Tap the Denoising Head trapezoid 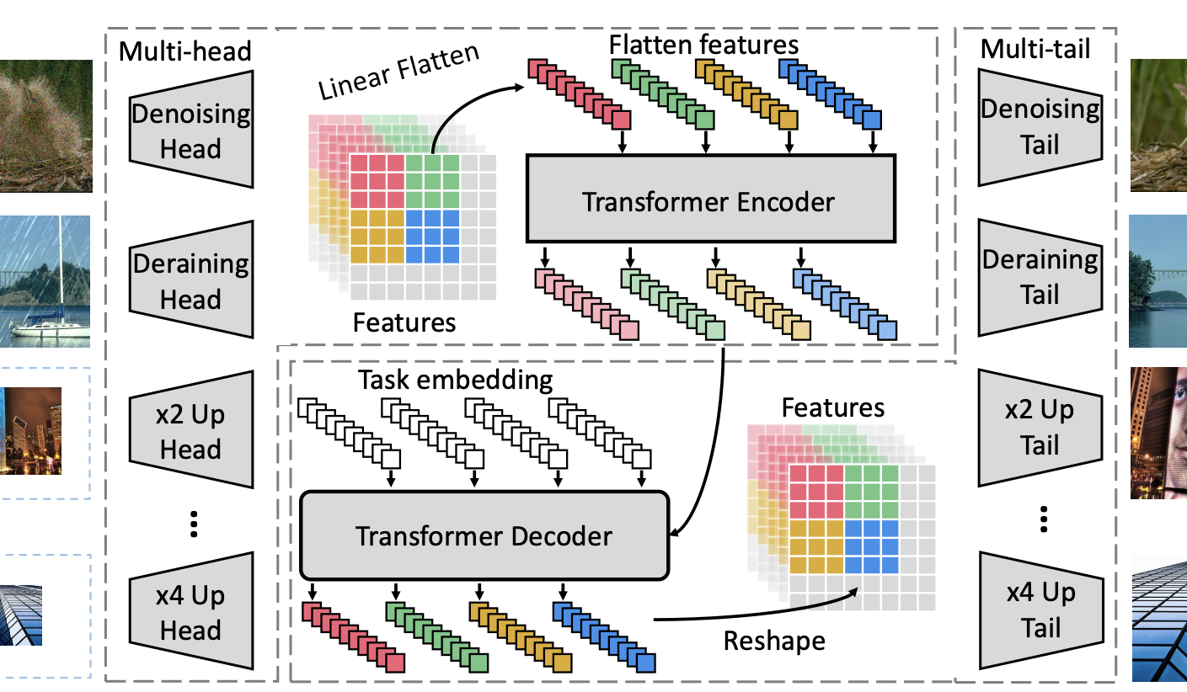[191, 130]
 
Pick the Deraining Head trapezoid [191, 281]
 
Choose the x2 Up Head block [191, 433]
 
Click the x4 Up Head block [191, 613]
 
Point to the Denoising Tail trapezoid [1040, 126]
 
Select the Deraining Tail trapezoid [1040, 276]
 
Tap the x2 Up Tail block [1040, 427]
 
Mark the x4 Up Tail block [1040, 609]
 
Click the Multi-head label [185, 51]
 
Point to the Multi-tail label [1035, 50]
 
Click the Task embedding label [455, 381]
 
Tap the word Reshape [774, 641]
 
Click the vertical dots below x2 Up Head [193, 524]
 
